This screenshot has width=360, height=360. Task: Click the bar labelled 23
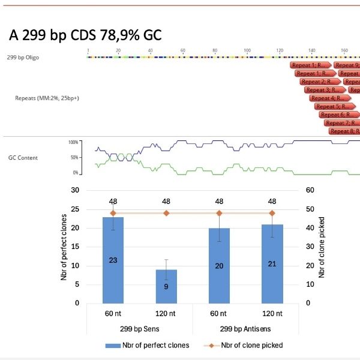[x=113, y=260]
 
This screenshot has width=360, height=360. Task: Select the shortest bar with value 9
[x=166, y=286]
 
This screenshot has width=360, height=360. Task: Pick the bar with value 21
[x=272, y=263]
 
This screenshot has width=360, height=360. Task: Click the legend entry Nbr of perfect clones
[x=148, y=345]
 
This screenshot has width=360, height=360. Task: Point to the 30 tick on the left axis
[x=75, y=190]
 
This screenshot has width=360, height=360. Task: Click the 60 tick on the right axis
[x=311, y=190]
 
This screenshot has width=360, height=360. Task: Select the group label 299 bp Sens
[x=140, y=329]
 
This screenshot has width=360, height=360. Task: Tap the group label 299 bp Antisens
[x=245, y=329]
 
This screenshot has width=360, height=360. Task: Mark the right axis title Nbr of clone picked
[x=322, y=247]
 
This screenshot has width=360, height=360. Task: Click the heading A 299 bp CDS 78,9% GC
[x=86, y=35]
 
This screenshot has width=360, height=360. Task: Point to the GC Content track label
[x=23, y=158]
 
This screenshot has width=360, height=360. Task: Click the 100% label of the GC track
[x=74, y=143]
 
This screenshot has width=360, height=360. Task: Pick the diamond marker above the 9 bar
[x=166, y=213]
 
